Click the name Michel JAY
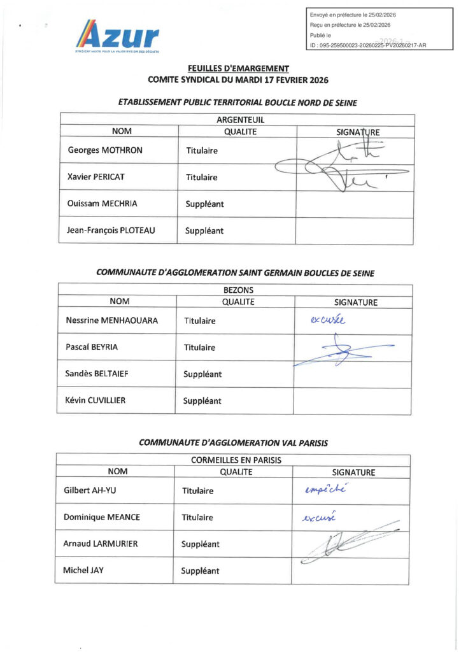click(x=83, y=570)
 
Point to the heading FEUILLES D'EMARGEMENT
click(x=238, y=69)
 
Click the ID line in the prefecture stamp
click(x=368, y=45)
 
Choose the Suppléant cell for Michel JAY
click(x=200, y=571)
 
